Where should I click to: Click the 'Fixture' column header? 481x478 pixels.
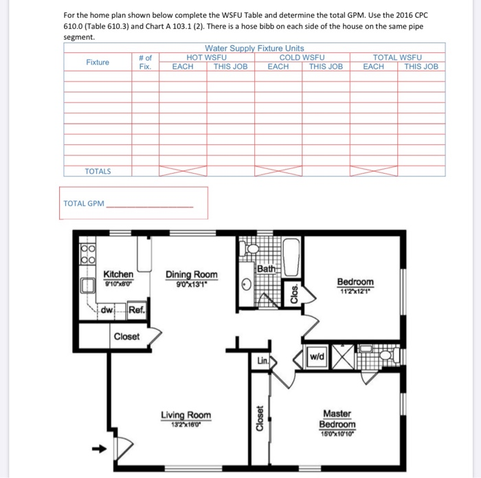(98, 62)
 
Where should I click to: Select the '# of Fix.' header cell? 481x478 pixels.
(145, 62)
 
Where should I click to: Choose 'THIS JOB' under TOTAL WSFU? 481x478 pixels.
(421, 67)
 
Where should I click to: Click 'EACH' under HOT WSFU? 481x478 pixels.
(183, 67)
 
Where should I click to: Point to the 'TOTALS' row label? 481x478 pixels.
(98, 171)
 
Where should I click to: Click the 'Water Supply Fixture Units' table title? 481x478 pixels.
(254, 48)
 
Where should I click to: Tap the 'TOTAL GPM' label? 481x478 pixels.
(83, 204)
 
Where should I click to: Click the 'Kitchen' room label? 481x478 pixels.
(118, 274)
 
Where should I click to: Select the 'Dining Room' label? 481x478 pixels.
(192, 275)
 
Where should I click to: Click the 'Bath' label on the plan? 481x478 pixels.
(265, 269)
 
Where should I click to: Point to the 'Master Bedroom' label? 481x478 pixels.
(337, 419)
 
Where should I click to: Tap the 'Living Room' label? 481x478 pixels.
(186, 415)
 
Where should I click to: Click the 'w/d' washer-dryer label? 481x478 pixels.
(317, 357)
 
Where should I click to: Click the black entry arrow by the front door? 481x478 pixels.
(99, 450)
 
